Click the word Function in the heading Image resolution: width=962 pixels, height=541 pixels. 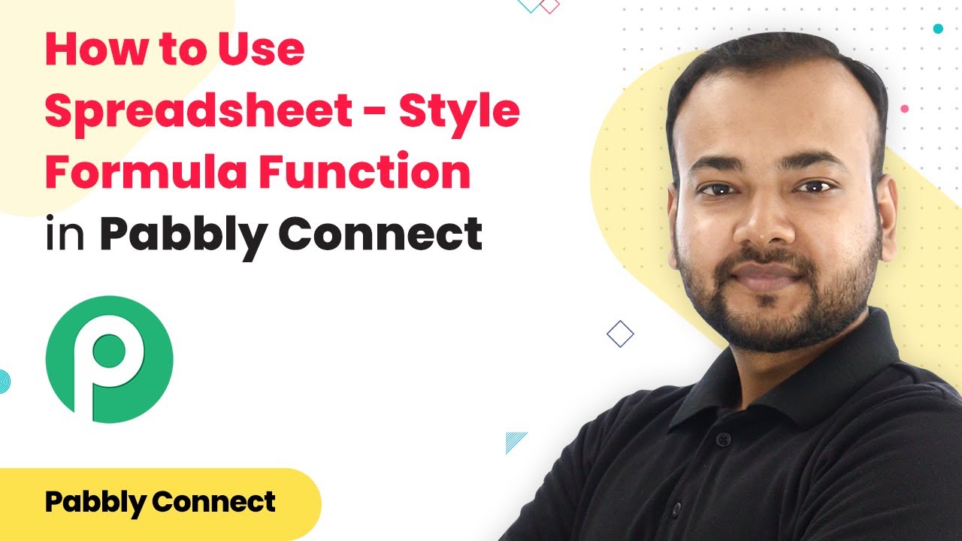(365, 172)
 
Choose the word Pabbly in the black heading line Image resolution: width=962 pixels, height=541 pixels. (185, 234)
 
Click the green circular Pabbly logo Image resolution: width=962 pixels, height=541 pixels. (110, 359)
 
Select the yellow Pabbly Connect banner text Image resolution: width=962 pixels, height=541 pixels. (160, 501)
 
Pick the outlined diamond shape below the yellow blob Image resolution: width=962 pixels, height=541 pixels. (620, 334)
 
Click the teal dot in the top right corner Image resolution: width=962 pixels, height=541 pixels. (937, 29)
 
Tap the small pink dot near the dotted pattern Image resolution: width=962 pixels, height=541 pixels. (905, 109)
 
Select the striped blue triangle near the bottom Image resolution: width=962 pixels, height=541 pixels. (516, 442)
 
